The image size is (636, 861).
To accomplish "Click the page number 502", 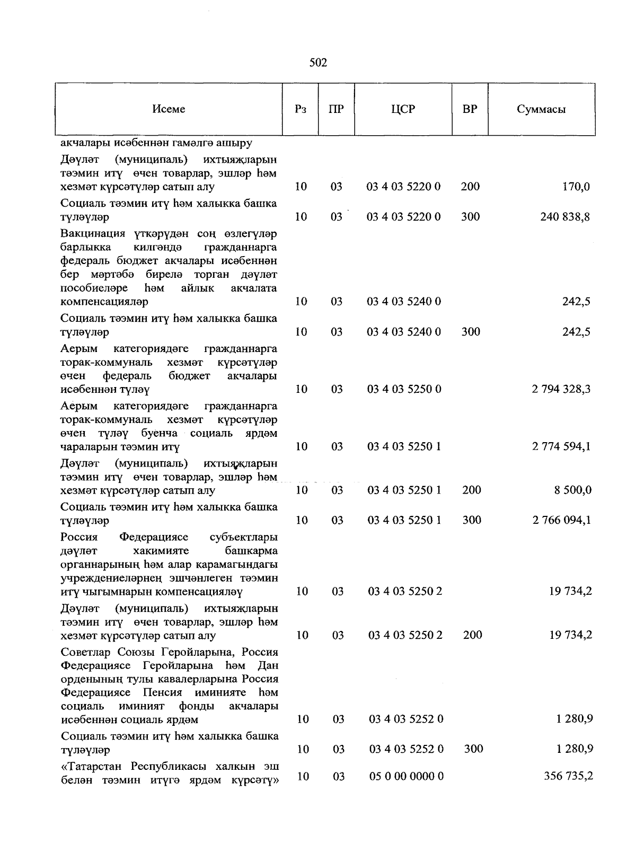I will (x=318, y=63).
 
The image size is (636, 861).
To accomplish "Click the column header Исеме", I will (x=169, y=109).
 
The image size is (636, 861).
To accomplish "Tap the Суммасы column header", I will (x=541, y=110).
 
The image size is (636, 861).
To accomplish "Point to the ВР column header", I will (x=470, y=109).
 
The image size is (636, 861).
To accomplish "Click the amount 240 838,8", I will (x=565, y=217).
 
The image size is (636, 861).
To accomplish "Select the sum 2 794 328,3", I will (x=561, y=389).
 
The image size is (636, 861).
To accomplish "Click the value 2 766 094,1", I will (x=561, y=520).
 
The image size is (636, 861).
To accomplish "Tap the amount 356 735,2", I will (x=568, y=776).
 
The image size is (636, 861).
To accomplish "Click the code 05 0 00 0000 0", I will (x=406, y=776).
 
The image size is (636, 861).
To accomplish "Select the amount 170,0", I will (x=576, y=187).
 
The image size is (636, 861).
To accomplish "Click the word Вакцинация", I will (x=93, y=234).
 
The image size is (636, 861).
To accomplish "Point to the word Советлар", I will (x=86, y=652).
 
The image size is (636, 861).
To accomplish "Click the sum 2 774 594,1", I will (x=561, y=446).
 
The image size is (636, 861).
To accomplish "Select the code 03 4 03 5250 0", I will (x=404, y=389).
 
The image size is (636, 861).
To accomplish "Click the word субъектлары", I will (x=243, y=537).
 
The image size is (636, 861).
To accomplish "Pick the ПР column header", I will (x=336, y=109).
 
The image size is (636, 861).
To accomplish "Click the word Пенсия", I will (x=162, y=692).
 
